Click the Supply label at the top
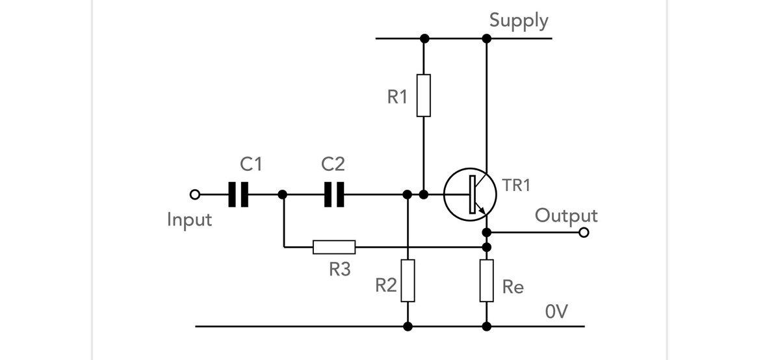coord(519,20)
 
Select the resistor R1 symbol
coord(423,96)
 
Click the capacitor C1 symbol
coord(238,194)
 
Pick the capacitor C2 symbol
coord(334,194)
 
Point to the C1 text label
coord(251,164)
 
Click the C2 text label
coord(333,164)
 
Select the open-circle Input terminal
coord(193,194)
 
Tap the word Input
coord(189,219)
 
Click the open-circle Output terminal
coord(584,233)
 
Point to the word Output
coord(565,215)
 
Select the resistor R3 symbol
coord(334,247)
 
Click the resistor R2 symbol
coord(408,280)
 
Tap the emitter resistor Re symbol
coord(487,280)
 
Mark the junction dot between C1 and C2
coord(282,194)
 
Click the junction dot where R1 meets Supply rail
coord(424,38)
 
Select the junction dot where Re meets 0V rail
coord(487,326)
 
